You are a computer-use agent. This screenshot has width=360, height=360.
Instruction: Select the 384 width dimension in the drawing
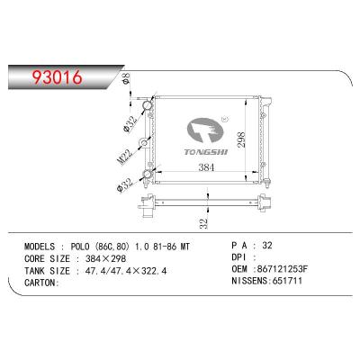tap(209, 168)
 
